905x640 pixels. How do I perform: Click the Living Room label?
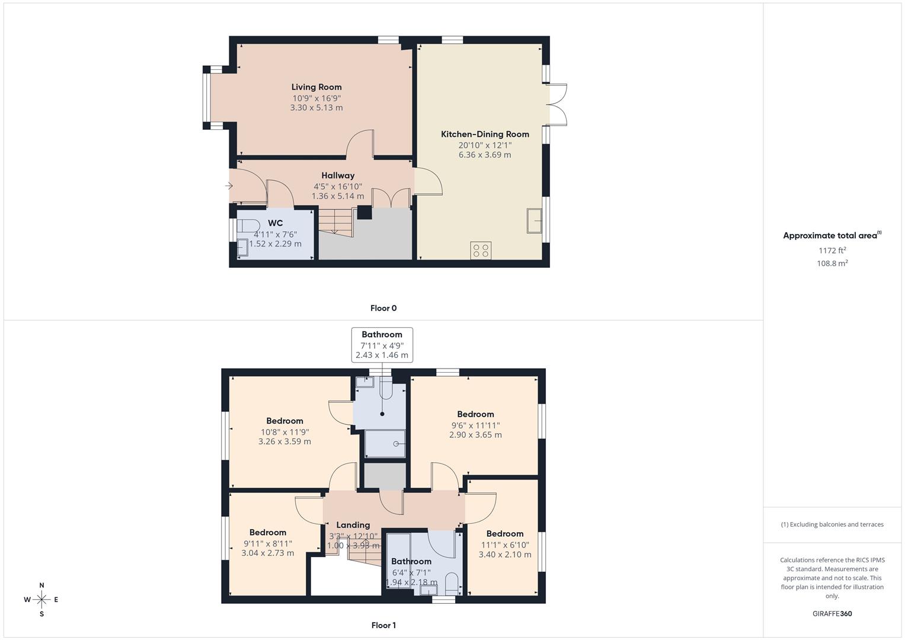(316, 87)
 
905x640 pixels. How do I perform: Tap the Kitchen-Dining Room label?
(484, 135)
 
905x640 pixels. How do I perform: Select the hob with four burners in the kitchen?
(481, 251)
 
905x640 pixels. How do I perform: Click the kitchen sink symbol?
(534, 221)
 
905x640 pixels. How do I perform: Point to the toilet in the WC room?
(247, 226)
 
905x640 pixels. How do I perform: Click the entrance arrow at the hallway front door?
(229, 186)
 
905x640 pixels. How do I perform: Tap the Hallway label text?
(338, 175)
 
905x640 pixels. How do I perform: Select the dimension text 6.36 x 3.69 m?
(484, 155)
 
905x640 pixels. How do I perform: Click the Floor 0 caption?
(383, 308)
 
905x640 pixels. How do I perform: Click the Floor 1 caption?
(383, 625)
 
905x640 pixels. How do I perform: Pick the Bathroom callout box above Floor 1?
(382, 344)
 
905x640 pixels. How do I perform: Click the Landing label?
(353, 525)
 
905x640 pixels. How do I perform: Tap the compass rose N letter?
(41, 585)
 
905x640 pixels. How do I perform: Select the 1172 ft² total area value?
(832, 251)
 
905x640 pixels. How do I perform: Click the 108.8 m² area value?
(832, 264)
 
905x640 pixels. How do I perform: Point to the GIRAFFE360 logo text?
(832, 614)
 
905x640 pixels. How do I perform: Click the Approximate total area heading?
(831, 236)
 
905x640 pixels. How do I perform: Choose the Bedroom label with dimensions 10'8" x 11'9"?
(284, 421)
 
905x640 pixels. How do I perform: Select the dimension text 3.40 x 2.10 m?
(504, 555)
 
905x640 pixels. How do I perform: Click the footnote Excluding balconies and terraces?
(832, 524)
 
